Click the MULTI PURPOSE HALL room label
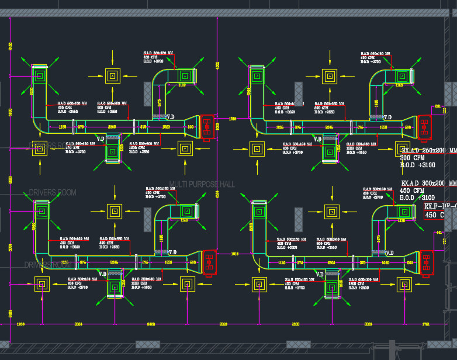(x=202, y=184)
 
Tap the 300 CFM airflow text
(x=413, y=158)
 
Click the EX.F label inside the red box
(x=432, y=206)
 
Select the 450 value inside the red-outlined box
(x=431, y=215)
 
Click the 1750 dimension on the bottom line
(x=20, y=323)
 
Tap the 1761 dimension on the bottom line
(x=425, y=323)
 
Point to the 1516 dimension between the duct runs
(x=232, y=119)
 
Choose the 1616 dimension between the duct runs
(x=235, y=254)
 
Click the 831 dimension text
(x=438, y=105)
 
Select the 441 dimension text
(x=439, y=233)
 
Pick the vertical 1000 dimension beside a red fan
(x=217, y=126)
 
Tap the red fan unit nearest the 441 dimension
(x=427, y=263)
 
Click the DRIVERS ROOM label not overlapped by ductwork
(x=53, y=192)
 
